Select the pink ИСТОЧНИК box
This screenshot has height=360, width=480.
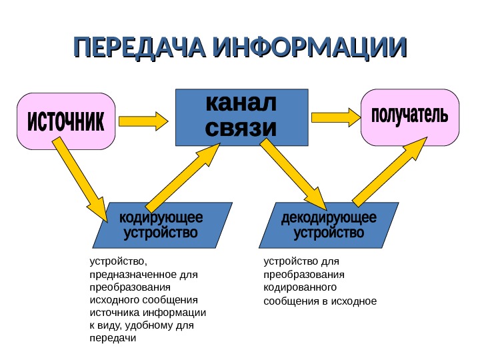click(66, 121)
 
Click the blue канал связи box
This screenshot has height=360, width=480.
click(241, 117)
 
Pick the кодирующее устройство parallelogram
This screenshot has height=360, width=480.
click(161, 225)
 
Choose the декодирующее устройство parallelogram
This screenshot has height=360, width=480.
click(329, 225)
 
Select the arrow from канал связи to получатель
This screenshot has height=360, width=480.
click(336, 117)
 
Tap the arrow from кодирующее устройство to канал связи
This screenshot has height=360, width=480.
click(182, 178)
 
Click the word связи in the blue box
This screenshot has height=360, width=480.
click(241, 128)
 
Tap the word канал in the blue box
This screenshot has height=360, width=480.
click(241, 105)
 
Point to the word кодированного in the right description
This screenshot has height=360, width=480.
click(300, 287)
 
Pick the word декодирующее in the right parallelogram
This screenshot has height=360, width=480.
click(329, 219)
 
